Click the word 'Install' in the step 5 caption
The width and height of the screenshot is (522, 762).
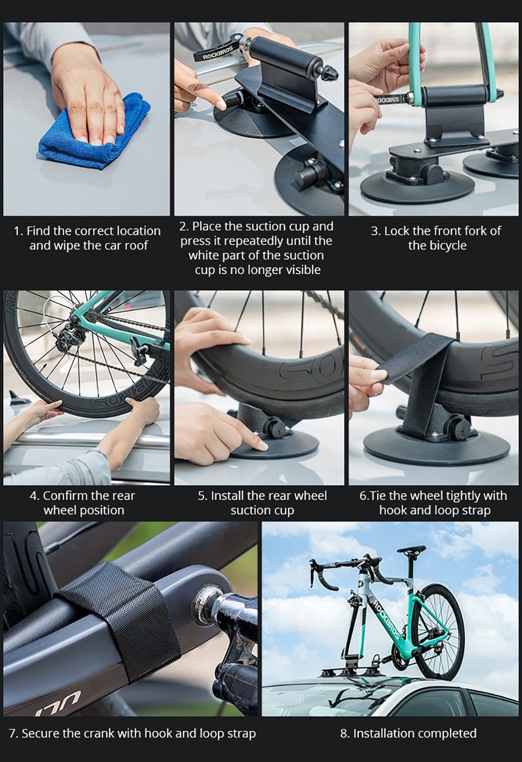pos(227,496)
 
